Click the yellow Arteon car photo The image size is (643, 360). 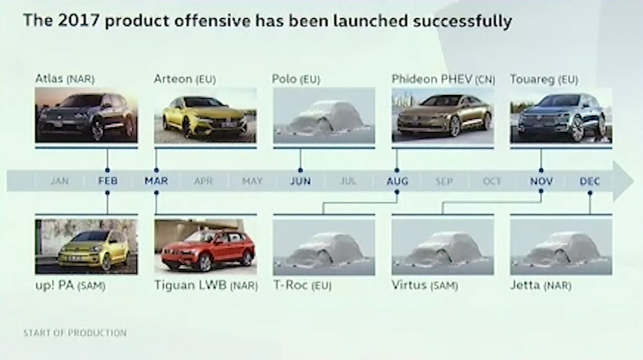click(205, 116)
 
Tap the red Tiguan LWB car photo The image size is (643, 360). click(205, 247)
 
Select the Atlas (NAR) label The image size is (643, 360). click(64, 79)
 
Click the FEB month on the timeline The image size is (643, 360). click(108, 181)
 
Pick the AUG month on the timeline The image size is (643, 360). click(397, 181)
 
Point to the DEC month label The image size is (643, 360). click(590, 181)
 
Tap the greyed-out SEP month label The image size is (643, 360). click(444, 182)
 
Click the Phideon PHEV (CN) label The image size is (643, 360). click(443, 79)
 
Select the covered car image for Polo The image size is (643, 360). click(324, 116)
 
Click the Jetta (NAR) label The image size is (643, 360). click(541, 285)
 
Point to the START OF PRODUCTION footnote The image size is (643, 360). click(75, 333)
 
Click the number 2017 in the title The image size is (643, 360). click(78, 20)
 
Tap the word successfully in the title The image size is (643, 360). click(462, 21)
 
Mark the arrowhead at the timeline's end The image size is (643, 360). click(623, 181)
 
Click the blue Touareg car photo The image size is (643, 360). click(561, 116)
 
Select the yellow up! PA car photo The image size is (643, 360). click(86, 247)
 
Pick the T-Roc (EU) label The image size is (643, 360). click(303, 285)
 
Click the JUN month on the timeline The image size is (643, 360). click(300, 181)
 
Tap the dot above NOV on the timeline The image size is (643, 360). click(541, 170)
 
